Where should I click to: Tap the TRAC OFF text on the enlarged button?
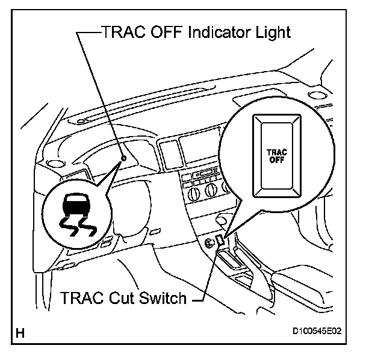pos(276,155)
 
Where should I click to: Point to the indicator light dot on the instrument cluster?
pos(123,158)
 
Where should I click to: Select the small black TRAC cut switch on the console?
pos(220,241)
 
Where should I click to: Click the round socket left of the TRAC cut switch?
pos(208,243)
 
